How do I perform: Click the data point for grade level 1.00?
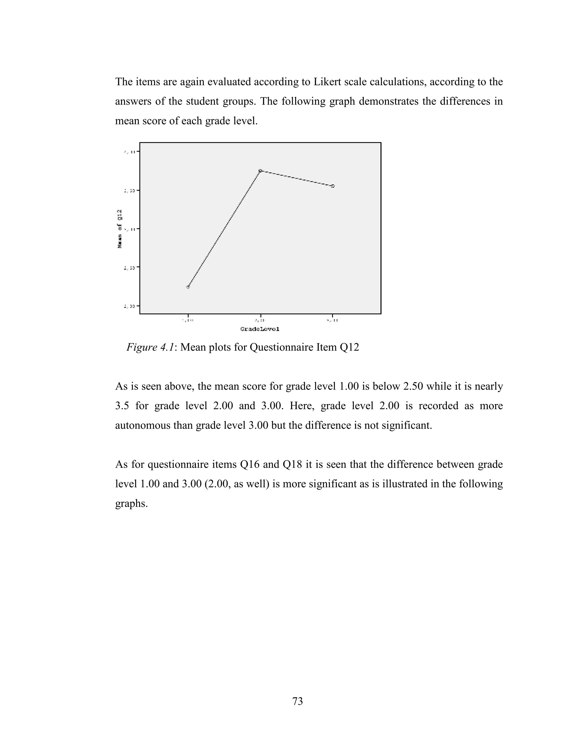[188, 287]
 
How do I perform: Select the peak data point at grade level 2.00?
[260, 170]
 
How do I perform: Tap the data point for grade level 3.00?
[333, 186]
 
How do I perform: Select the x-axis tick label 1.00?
[188, 321]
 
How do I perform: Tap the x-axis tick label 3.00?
[332, 321]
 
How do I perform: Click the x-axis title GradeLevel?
[260, 329]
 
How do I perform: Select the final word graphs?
[131, 504]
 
